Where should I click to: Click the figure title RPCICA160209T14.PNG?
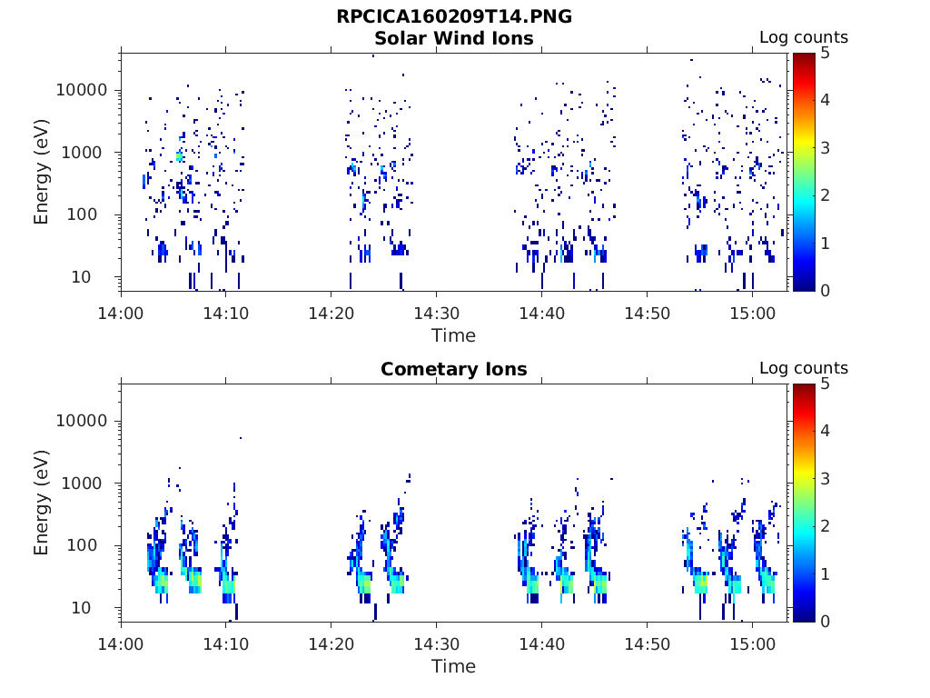pos(454,16)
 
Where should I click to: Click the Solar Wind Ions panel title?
pos(454,38)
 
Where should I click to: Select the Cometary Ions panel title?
pos(454,369)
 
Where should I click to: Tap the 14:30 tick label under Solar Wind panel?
pos(437,314)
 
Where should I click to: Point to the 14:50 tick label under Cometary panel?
pos(647,644)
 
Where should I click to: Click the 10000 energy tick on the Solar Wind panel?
pos(82,90)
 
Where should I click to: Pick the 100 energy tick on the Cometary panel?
pos(82,545)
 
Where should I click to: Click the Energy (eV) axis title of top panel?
pos(41,172)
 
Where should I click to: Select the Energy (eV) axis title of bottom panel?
pos(41,503)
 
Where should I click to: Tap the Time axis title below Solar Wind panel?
pos(454,336)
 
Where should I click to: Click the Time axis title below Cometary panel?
pos(454,666)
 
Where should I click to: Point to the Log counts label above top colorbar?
pos(804,37)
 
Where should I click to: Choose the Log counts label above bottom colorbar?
pos(804,368)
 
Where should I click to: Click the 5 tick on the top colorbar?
pos(825,54)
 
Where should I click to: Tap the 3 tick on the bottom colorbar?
pos(825,478)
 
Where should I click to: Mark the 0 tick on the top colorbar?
pos(825,291)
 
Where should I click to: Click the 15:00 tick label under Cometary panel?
pos(753,644)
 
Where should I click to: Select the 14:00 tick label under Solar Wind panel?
pos(121,314)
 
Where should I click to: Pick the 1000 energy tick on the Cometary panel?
pos(82,484)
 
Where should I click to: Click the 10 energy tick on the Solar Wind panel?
pos(81,276)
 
